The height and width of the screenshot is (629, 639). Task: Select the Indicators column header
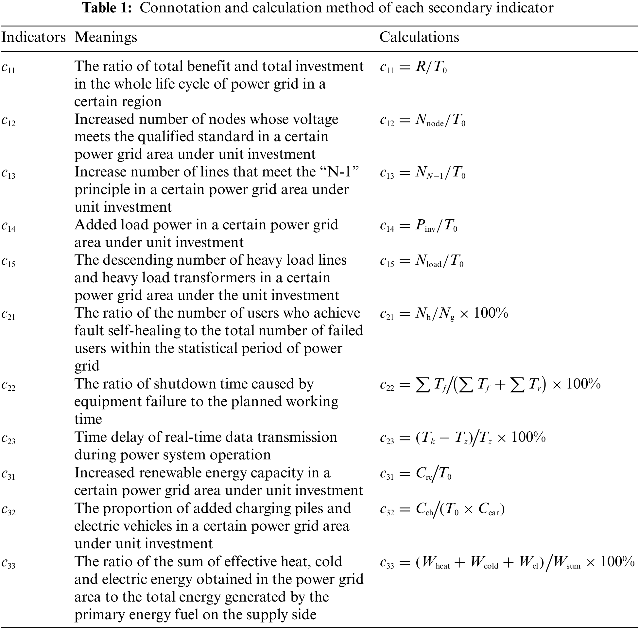33,37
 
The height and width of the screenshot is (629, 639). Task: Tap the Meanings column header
106,37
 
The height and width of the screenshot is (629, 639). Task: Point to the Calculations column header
419,37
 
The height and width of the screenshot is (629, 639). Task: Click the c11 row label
8,68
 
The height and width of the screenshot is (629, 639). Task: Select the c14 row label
8,226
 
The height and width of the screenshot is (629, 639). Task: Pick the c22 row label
8,386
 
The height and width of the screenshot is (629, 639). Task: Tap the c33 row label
8,563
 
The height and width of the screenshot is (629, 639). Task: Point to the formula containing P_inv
419,226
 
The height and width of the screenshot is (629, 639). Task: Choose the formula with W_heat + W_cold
507,563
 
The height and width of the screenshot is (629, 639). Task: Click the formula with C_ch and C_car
442,510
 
